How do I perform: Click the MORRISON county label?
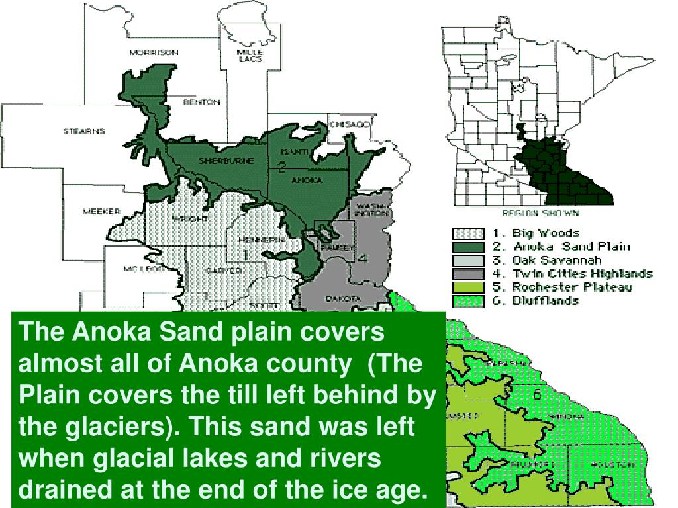click(154, 52)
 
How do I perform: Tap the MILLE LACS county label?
click(250, 55)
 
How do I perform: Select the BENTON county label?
click(201, 103)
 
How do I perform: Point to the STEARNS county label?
click(83, 131)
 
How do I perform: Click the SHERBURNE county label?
click(226, 161)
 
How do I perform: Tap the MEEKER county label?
click(101, 212)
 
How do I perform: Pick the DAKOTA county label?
click(342, 299)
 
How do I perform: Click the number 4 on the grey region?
click(362, 259)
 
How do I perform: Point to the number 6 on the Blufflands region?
click(537, 395)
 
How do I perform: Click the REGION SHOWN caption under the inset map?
click(541, 213)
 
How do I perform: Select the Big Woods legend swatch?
click(468, 233)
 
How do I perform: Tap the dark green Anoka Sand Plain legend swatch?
click(468, 247)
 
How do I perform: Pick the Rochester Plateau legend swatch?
click(468, 287)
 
